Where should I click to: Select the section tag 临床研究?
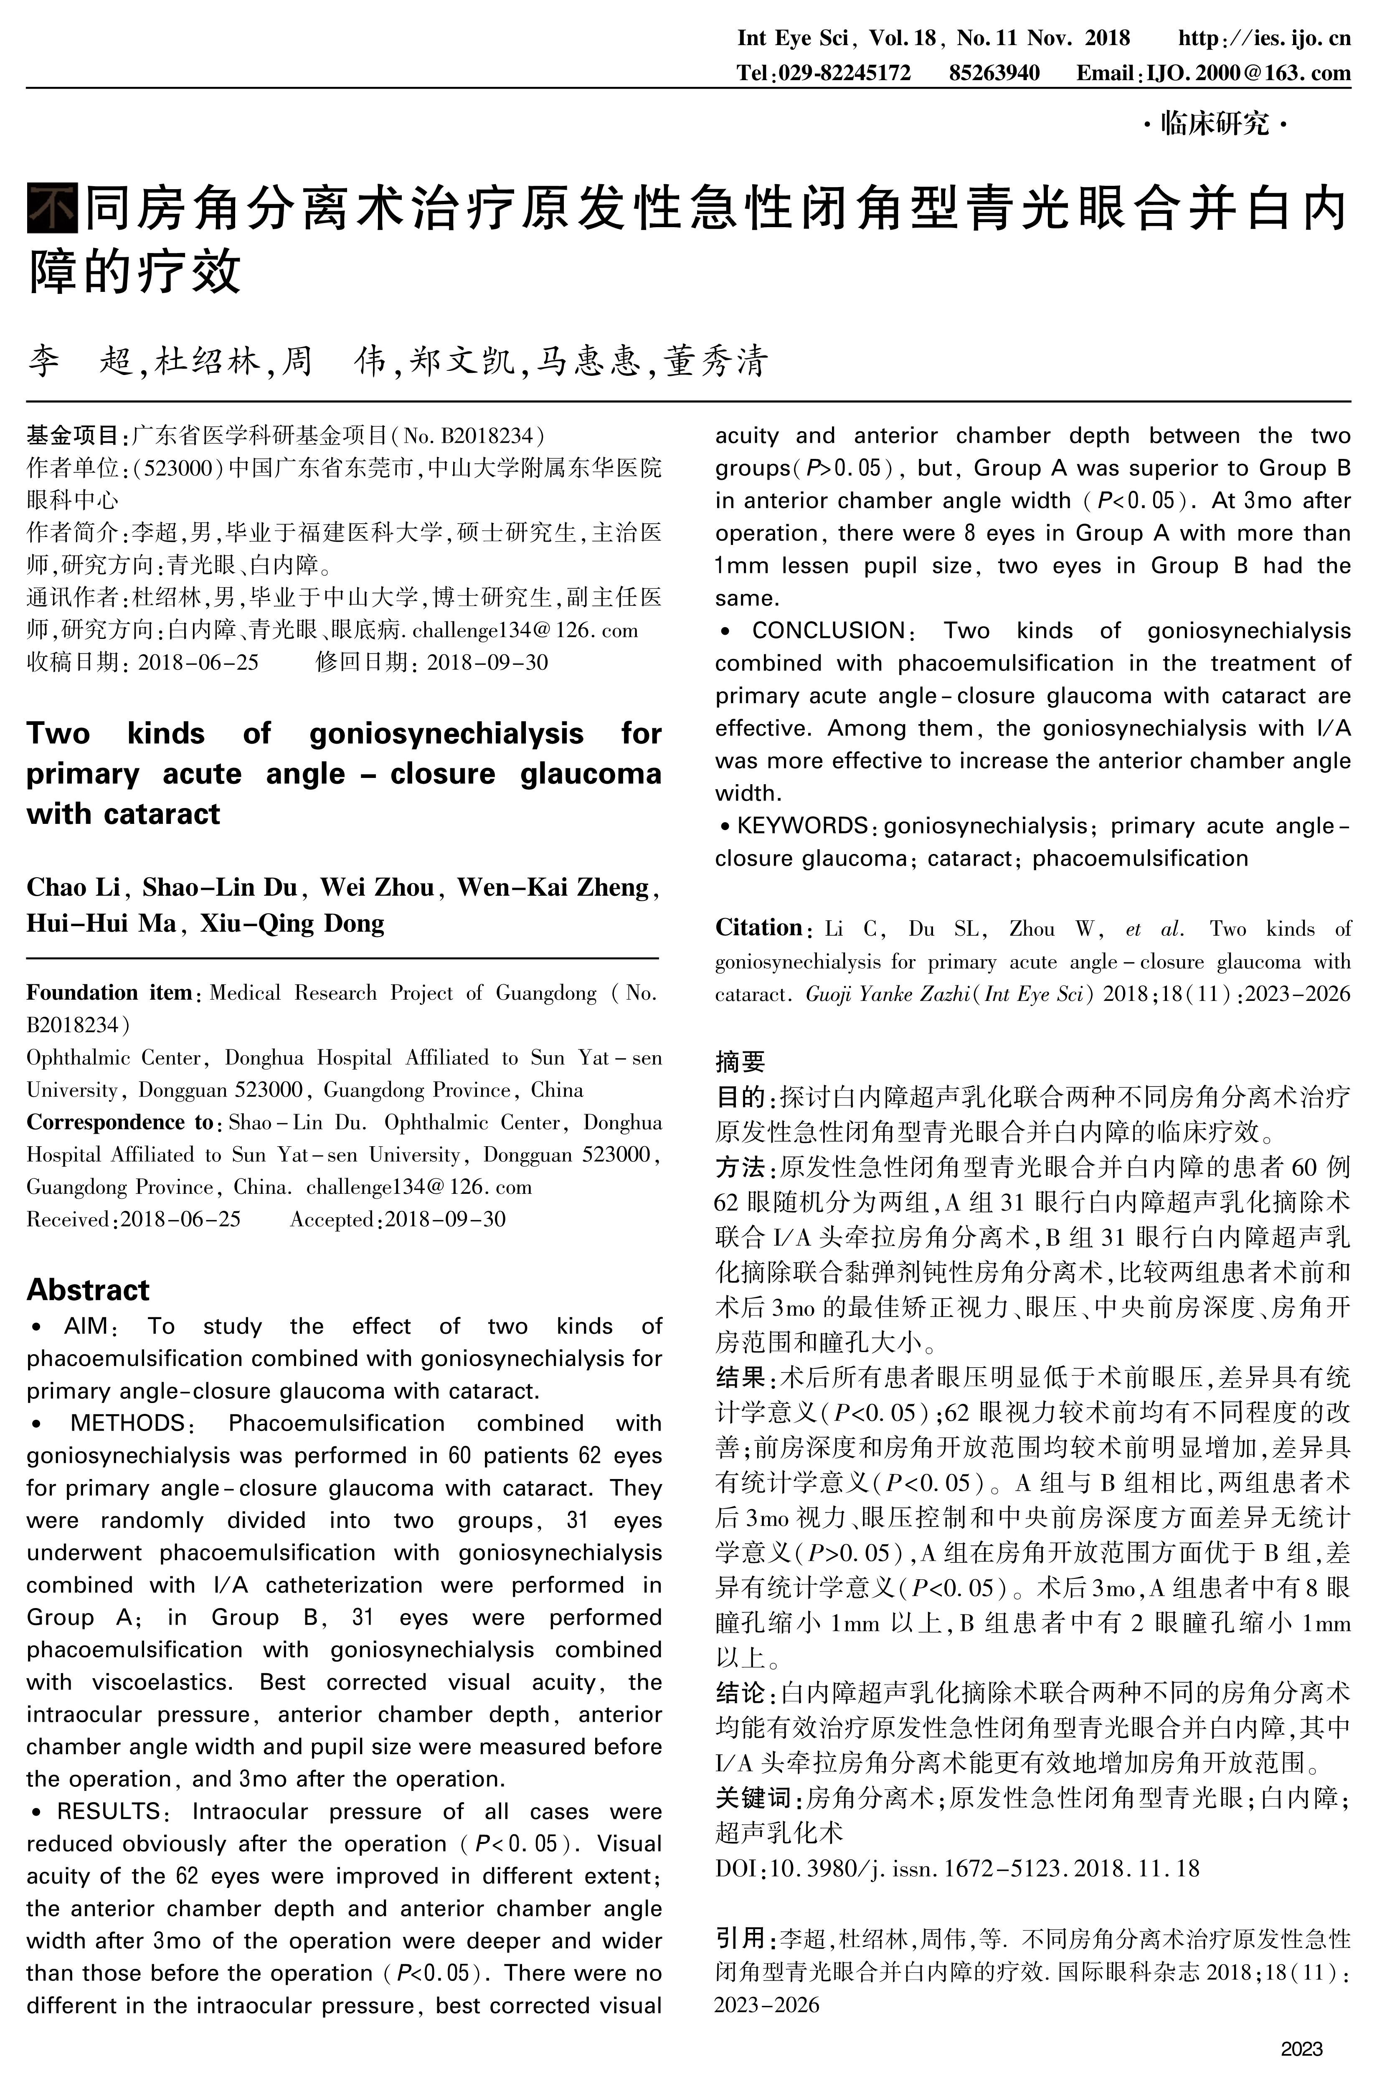pos(1215,124)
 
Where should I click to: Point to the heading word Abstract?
pos(88,1290)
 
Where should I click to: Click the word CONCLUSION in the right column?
pos(827,631)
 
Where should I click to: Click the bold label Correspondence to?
pos(119,1123)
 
